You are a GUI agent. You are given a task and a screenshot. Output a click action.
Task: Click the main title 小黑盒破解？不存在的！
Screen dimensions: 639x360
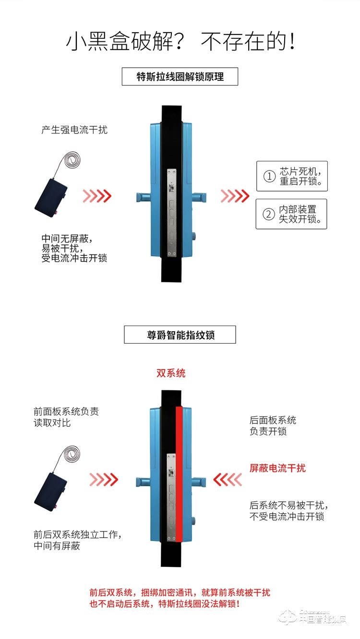(180, 42)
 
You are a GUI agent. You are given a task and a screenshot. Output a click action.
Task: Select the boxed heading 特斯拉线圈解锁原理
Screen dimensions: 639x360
(180, 77)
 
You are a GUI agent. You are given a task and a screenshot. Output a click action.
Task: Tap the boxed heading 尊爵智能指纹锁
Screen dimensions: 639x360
(180, 335)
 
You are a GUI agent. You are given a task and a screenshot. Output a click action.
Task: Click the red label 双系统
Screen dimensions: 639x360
(171, 373)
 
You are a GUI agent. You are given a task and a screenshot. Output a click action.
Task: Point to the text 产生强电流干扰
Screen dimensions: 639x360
(74, 130)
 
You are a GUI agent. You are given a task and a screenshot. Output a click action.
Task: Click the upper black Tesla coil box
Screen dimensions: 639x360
(50, 197)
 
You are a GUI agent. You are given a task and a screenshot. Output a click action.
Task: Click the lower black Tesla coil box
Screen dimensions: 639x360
(50, 489)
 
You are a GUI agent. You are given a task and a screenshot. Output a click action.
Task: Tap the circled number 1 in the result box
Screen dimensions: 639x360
(269, 177)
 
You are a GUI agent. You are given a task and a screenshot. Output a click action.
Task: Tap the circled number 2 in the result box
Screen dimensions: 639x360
(269, 214)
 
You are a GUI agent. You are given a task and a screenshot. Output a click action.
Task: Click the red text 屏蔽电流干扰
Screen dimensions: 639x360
(277, 468)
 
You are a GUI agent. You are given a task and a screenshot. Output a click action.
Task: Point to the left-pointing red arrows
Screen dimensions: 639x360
(227, 479)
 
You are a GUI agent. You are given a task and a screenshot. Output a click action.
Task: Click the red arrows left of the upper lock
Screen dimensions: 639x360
(97, 196)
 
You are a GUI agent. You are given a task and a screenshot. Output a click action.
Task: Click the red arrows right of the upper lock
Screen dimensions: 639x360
(235, 196)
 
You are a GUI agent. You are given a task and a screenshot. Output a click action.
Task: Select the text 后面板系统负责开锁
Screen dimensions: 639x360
(273, 426)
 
